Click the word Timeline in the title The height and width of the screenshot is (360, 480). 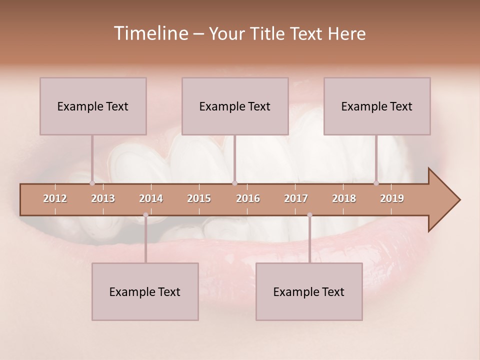[150, 33]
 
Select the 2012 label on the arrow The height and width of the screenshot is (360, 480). [55, 198]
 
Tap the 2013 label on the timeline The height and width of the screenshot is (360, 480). [103, 198]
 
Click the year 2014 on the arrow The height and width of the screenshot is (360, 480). [151, 198]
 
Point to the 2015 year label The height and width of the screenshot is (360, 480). [199, 198]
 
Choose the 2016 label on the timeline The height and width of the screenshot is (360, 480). [248, 198]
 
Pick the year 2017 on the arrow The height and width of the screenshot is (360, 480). [296, 198]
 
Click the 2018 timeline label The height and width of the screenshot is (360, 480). [344, 198]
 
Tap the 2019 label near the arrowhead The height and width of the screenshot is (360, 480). [392, 198]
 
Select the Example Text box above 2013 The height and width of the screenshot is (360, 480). [93, 106]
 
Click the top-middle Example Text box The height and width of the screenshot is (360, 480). [235, 106]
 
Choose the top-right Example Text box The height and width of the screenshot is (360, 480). [377, 106]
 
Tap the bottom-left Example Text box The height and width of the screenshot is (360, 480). [145, 291]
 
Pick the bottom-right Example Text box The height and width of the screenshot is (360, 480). [309, 291]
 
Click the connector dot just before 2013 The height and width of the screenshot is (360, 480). [92, 183]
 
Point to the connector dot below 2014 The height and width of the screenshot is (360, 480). [145, 215]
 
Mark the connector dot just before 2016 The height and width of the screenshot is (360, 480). [234, 183]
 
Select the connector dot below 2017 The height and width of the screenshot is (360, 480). [309, 215]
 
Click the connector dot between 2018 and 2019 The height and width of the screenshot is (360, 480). [376, 183]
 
